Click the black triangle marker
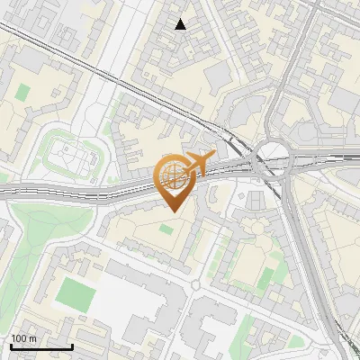click(x=181, y=25)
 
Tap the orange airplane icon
click(x=199, y=164)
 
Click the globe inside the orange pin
click(x=174, y=173)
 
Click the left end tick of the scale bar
click(x=11, y=346)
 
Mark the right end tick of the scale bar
click(x=72, y=346)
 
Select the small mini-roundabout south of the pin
click(x=195, y=286)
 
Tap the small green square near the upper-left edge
click(x=22, y=93)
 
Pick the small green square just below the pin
click(x=166, y=229)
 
